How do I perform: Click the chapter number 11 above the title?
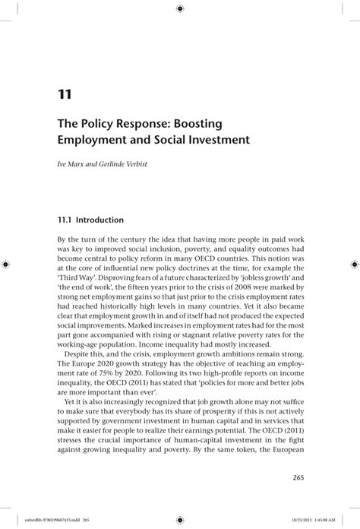(65, 95)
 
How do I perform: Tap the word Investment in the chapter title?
(216, 141)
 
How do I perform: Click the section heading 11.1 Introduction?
(90, 220)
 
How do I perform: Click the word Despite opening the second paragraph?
(81, 353)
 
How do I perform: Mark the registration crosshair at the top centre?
(179, 8)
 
